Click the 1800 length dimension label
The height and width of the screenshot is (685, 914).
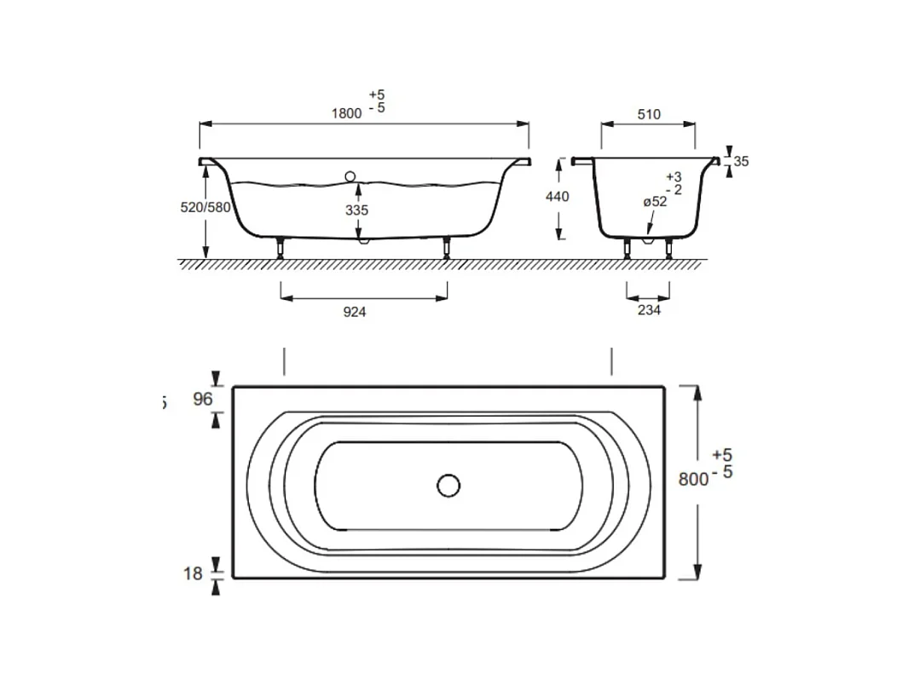(x=346, y=113)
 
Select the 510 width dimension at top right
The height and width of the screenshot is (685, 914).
(x=649, y=114)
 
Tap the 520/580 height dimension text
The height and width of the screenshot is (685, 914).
(x=205, y=207)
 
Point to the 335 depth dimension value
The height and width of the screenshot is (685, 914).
(x=357, y=210)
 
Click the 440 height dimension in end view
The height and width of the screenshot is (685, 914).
(x=557, y=196)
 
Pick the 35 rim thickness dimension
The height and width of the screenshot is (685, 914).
(x=740, y=161)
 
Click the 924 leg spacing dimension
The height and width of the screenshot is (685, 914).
(x=355, y=312)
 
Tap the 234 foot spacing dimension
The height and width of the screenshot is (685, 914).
(x=649, y=310)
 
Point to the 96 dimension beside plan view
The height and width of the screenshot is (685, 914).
(x=202, y=398)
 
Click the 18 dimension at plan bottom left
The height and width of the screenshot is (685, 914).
(x=194, y=573)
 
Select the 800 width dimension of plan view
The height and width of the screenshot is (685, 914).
(x=693, y=479)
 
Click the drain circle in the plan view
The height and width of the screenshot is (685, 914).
(x=448, y=486)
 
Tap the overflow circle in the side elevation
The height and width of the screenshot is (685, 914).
(x=350, y=176)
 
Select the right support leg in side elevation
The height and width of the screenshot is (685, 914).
(x=447, y=248)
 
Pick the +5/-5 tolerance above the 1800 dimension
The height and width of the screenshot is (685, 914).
(x=377, y=101)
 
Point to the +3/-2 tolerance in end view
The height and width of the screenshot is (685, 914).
(x=674, y=182)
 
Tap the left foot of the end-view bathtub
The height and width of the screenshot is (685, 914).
(x=628, y=249)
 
